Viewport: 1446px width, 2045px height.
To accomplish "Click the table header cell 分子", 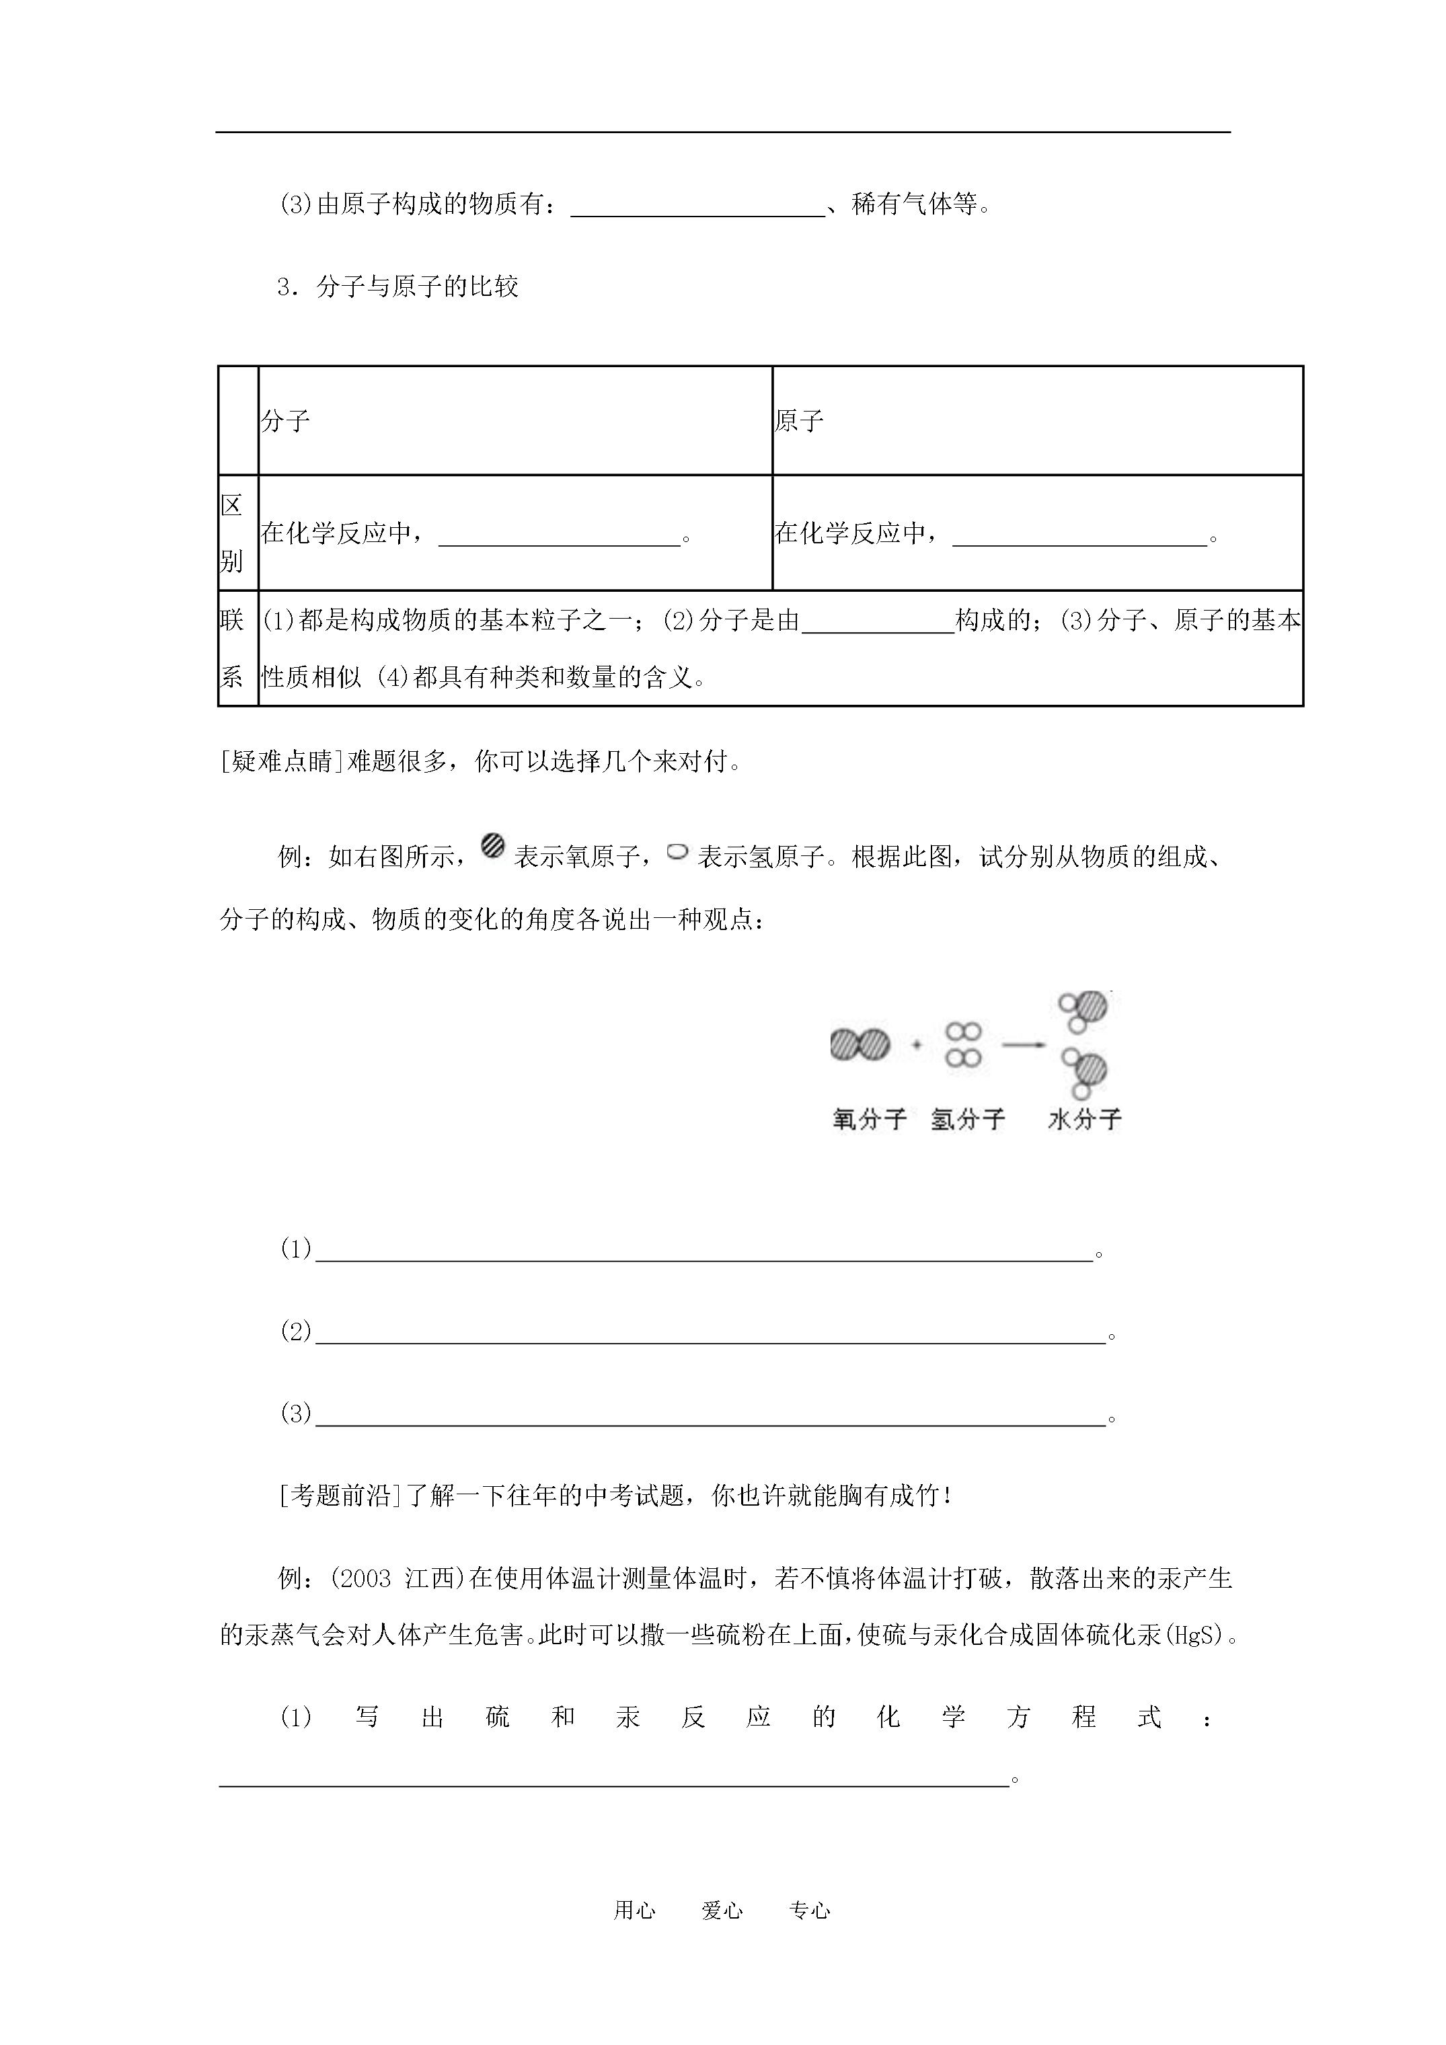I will click(285, 420).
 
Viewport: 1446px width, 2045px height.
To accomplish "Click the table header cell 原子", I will click(798, 420).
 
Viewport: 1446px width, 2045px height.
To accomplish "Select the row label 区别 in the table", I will click(231, 533).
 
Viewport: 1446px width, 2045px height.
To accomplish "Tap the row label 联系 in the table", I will click(231, 648).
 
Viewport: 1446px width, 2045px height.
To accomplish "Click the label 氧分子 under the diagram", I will click(869, 1119).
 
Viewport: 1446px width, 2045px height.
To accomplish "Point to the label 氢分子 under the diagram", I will click(968, 1119).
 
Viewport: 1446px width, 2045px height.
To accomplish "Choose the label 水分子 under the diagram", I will click(1084, 1119).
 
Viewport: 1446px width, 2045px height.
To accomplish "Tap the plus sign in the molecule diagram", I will click(917, 1045).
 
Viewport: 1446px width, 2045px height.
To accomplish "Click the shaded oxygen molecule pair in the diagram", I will click(860, 1044).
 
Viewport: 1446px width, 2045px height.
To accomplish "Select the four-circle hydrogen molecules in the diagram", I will click(964, 1044).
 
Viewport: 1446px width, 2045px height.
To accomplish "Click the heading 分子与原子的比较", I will click(417, 286).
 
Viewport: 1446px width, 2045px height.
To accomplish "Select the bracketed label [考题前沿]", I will click(341, 1496).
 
